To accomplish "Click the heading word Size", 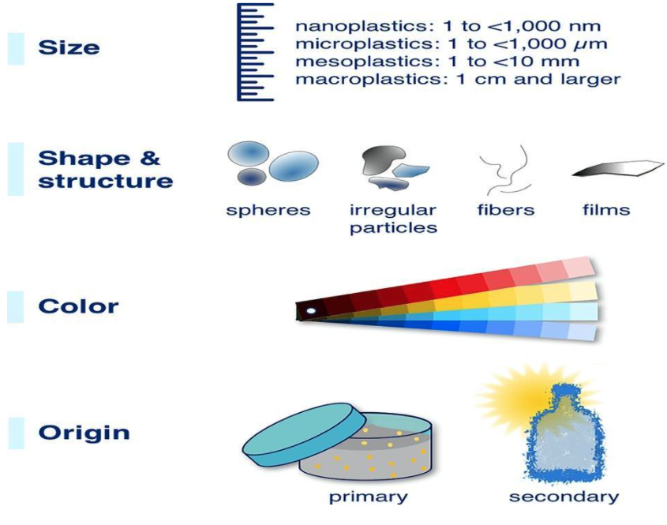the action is [x=69, y=47].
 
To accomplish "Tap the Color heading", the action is [x=78, y=306].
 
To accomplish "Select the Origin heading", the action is [x=84, y=433].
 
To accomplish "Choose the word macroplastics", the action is [x=369, y=80].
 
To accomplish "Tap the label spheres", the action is [x=268, y=210].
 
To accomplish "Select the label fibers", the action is [x=506, y=210].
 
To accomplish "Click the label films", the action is [x=606, y=210].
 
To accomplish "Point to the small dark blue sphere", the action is [x=251, y=177].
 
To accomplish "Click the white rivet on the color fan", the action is [x=311, y=311].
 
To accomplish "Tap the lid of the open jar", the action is [x=304, y=433].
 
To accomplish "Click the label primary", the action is [x=369, y=497].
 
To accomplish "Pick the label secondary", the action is [x=564, y=497].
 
